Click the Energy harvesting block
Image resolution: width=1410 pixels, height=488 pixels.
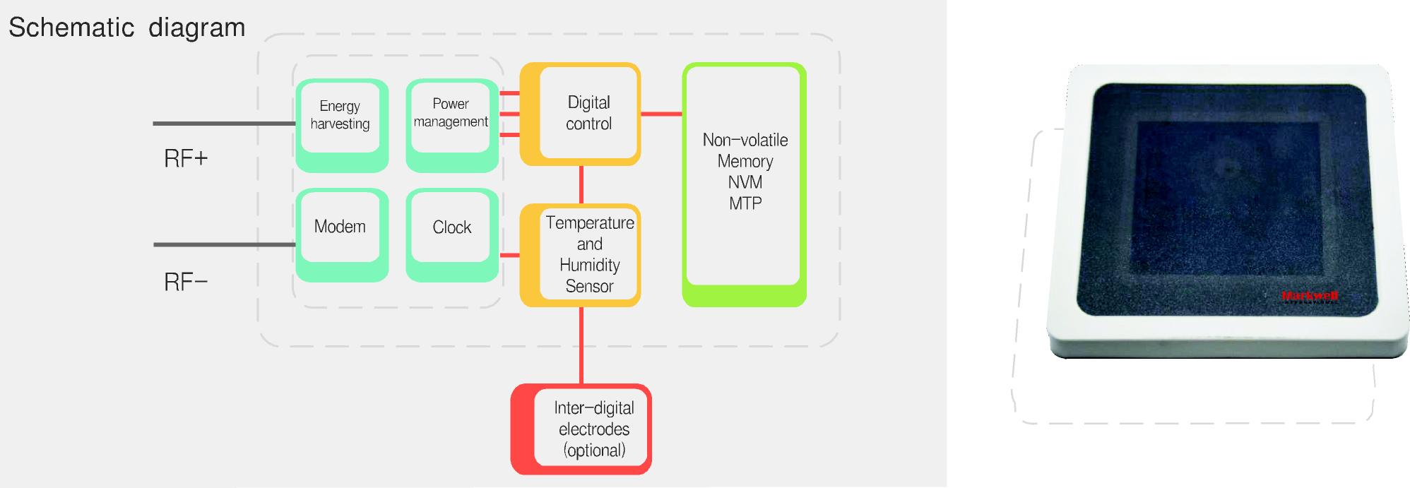342,125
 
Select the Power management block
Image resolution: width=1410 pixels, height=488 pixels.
452,125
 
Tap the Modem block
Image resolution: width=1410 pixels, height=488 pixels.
342,235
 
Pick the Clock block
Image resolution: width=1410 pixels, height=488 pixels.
452,235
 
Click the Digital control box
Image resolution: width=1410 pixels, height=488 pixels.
580,114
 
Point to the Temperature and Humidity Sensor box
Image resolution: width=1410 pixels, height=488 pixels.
580,255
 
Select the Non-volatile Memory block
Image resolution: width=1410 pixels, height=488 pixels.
744,184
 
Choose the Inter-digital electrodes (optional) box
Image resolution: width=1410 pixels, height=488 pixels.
581,429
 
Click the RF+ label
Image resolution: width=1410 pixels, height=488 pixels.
186,158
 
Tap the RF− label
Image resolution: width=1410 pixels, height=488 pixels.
186,282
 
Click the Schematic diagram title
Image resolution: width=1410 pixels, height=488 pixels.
127,28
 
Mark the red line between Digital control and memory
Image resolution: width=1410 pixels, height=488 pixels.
662,114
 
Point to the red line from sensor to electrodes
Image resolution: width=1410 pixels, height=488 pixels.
581,345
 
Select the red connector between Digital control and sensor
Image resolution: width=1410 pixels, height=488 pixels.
581,184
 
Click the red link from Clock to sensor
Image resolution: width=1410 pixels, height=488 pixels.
509,255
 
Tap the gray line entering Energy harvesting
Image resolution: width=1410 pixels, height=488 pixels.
224,124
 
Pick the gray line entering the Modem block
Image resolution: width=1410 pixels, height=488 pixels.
224,245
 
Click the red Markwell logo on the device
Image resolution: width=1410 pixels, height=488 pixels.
1310,296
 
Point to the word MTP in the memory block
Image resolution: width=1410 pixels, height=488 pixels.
745,203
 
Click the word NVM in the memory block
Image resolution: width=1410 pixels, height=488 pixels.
745,182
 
